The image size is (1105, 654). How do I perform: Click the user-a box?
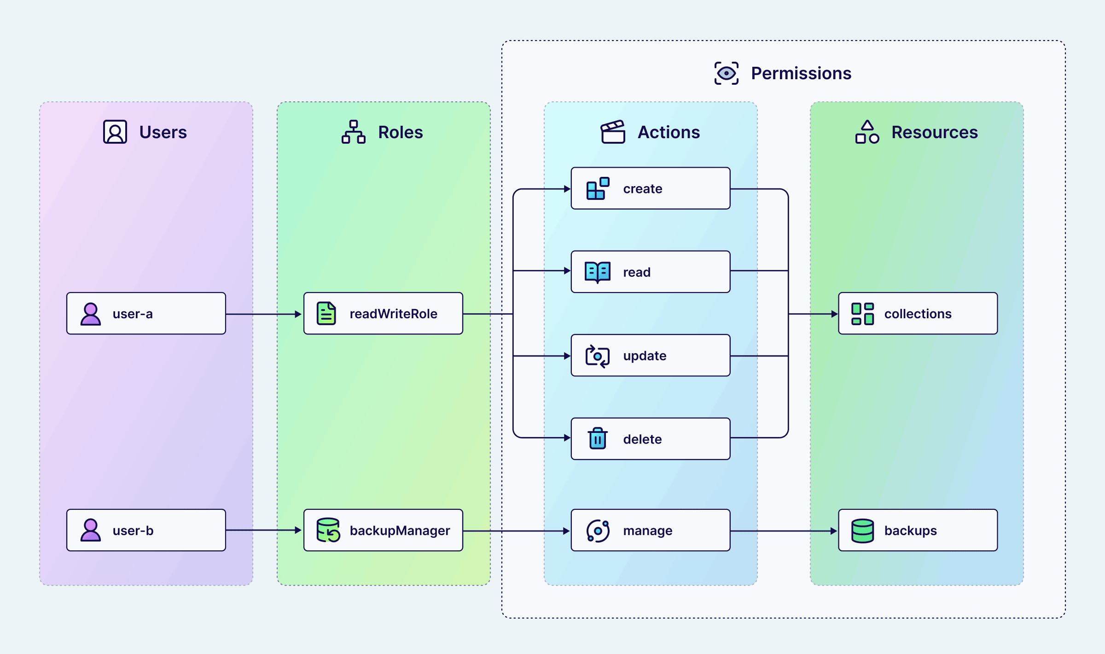(x=146, y=313)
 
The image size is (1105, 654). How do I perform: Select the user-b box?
(x=146, y=530)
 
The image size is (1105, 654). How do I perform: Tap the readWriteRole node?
(x=383, y=313)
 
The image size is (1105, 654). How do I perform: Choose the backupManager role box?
(x=383, y=530)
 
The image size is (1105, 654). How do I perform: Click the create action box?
(x=650, y=188)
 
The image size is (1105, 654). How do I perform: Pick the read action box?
(x=650, y=272)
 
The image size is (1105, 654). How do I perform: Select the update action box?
(x=650, y=356)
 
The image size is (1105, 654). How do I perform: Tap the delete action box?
(x=650, y=439)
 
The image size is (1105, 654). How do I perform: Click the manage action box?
(x=650, y=530)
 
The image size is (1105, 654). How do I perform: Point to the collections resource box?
(x=918, y=313)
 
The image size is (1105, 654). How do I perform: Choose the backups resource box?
(x=918, y=530)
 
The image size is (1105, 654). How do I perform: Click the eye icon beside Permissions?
(x=726, y=73)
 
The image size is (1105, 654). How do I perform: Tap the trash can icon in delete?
(x=597, y=438)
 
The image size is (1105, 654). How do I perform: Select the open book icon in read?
(x=597, y=272)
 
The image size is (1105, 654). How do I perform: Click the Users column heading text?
(x=163, y=132)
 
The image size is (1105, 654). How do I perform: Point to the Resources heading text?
(x=934, y=132)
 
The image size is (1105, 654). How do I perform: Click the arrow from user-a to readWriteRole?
(x=263, y=314)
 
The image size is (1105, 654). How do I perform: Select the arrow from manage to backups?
(x=783, y=531)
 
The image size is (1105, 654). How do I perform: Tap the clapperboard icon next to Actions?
(x=613, y=132)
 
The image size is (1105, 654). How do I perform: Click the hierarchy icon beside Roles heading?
(x=353, y=132)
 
